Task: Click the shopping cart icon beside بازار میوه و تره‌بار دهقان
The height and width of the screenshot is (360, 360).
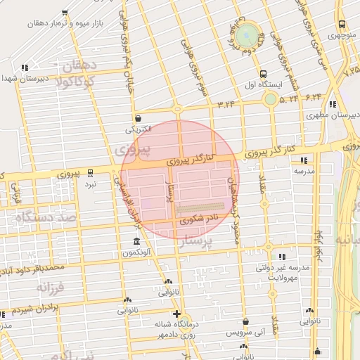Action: (x=65, y=13)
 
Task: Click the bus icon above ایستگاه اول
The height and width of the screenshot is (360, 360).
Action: (x=263, y=73)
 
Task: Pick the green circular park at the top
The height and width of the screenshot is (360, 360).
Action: (x=247, y=35)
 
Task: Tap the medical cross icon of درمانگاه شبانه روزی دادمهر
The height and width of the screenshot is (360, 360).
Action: (x=176, y=314)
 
